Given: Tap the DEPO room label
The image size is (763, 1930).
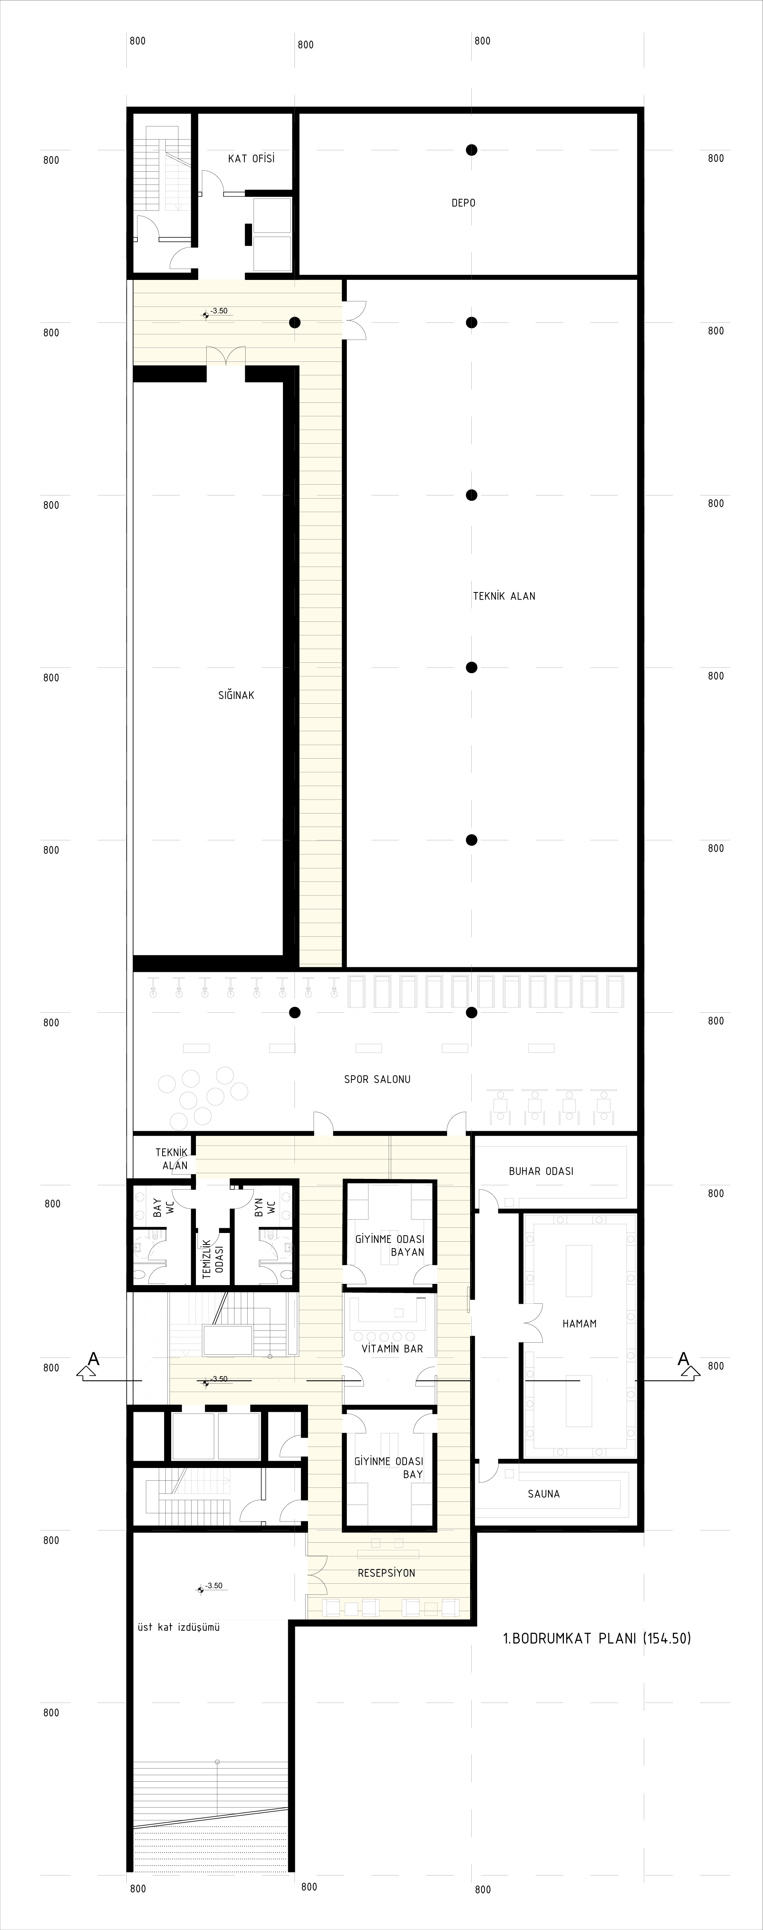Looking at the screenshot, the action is [x=463, y=203].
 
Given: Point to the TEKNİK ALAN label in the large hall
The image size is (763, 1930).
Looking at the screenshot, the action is [x=504, y=596].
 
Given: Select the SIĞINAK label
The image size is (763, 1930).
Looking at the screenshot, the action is [x=236, y=695].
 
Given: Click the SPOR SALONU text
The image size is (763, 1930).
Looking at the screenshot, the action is [x=378, y=1080].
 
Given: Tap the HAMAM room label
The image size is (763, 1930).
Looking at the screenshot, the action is [x=579, y=1324].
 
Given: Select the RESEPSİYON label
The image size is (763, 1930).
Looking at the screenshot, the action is [x=386, y=1573].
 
